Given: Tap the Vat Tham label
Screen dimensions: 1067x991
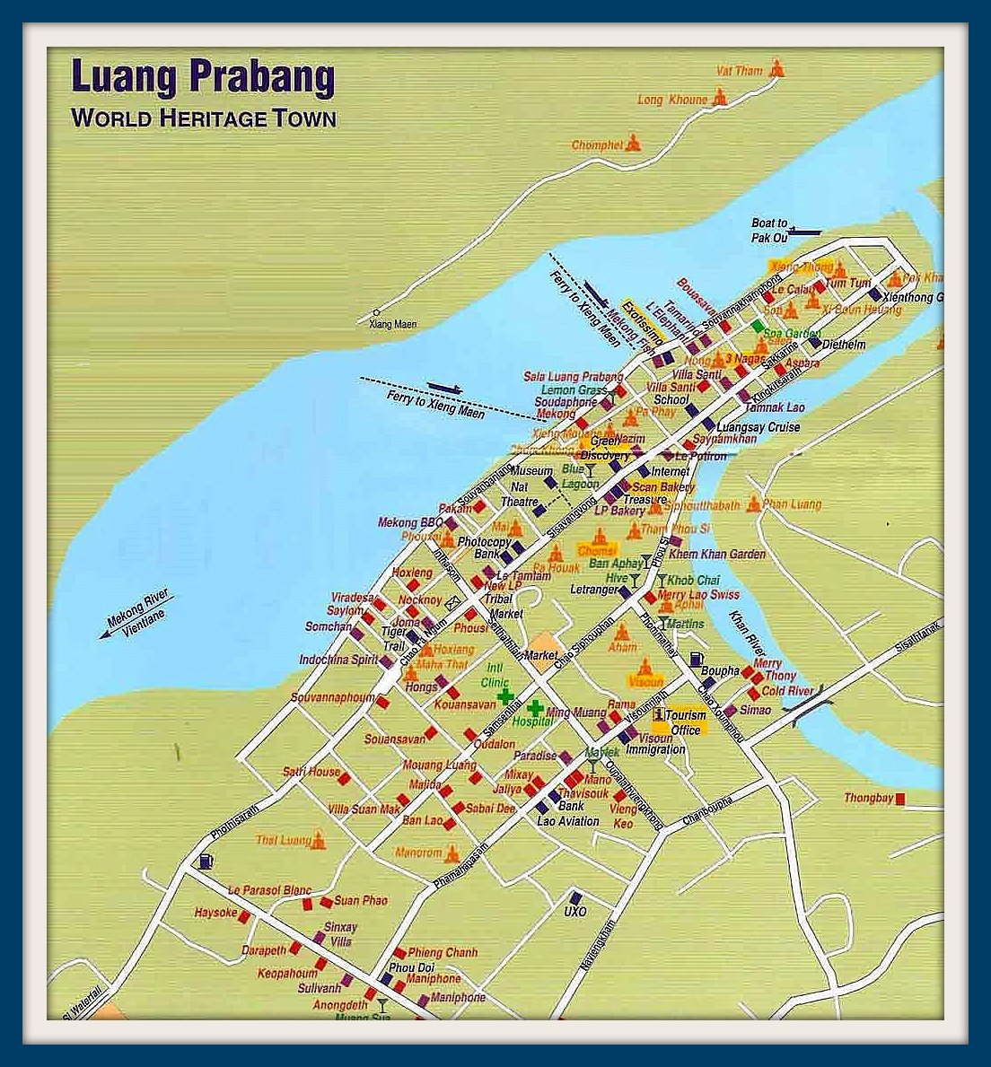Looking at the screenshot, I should (739, 71).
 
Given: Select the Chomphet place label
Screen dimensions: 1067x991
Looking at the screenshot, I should (597, 145).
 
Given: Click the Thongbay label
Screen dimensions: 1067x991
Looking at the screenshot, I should (868, 798).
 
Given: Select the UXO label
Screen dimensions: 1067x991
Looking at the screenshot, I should (574, 912).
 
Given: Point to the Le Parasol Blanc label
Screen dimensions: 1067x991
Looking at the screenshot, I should (269, 890).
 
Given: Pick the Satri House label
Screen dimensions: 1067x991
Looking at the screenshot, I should (311, 772).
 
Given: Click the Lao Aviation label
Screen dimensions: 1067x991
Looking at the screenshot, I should (568, 821).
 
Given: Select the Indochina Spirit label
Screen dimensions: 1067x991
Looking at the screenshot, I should (338, 660).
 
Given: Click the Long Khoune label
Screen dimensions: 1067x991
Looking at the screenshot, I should (672, 100).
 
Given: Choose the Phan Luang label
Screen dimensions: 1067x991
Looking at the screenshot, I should (793, 504).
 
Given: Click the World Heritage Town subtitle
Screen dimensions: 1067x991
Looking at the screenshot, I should (204, 118).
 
